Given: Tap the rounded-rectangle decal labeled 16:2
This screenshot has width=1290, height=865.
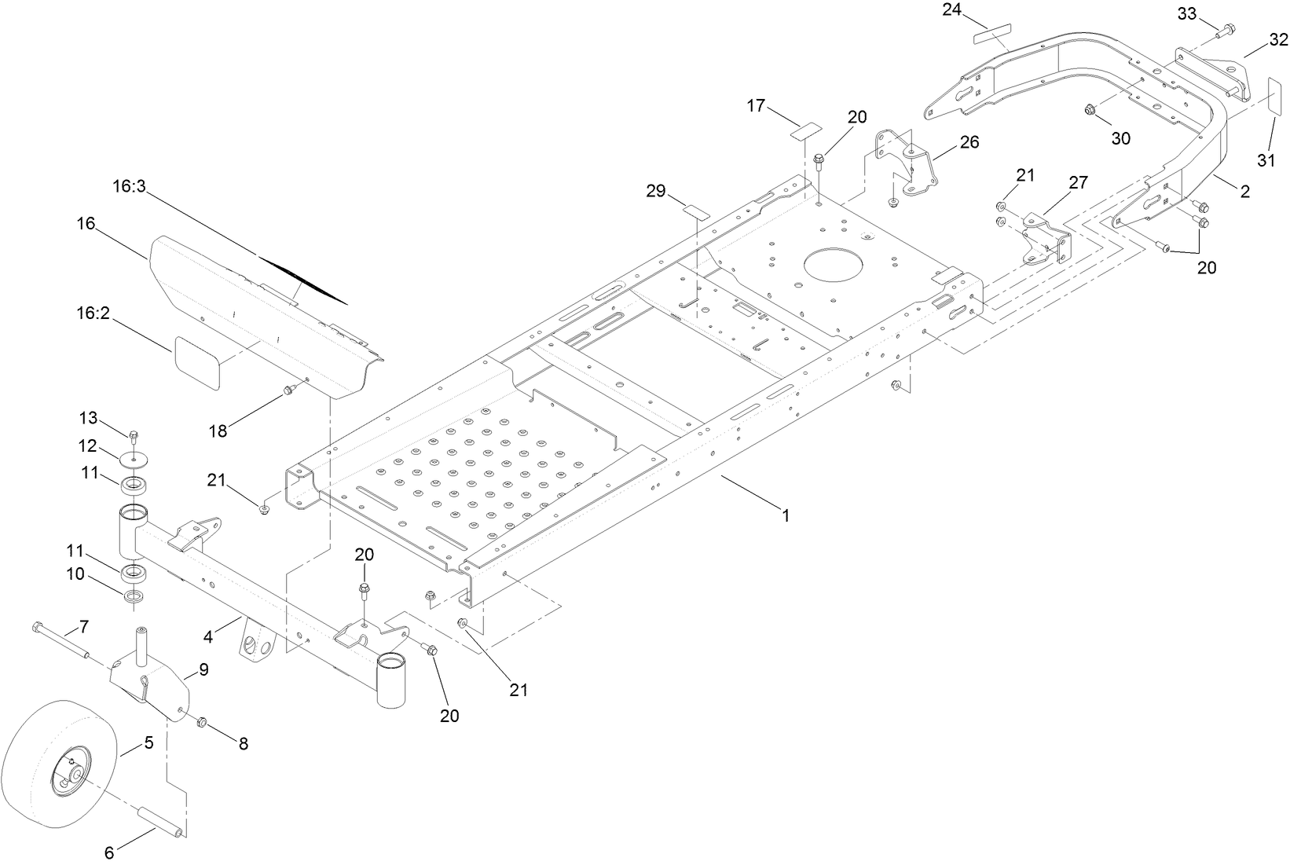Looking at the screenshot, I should pos(196,362).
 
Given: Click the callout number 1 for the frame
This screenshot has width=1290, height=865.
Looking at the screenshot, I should pos(786,515).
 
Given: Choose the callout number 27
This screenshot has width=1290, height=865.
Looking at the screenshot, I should pos(1078,183).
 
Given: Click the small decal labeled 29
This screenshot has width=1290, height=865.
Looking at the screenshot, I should pos(695,211).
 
